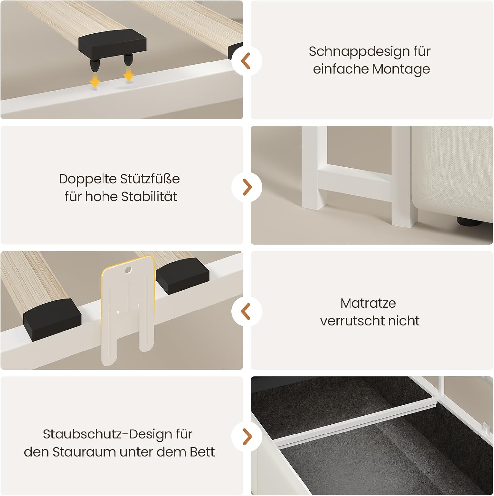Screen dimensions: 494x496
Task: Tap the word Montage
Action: (x=401, y=69)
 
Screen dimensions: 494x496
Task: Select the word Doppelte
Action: (x=87, y=179)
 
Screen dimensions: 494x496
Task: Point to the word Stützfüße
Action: (x=150, y=179)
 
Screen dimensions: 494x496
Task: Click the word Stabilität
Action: (x=149, y=196)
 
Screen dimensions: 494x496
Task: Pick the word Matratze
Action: (x=368, y=303)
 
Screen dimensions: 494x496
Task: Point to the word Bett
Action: (x=202, y=452)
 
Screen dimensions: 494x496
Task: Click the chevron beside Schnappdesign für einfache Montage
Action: (x=246, y=61)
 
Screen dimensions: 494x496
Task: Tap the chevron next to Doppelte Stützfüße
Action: (x=247, y=187)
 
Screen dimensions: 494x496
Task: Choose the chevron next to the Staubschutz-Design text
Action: (x=247, y=436)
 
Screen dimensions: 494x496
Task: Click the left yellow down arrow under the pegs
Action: (x=95, y=80)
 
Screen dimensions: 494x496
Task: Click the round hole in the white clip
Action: (x=128, y=270)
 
